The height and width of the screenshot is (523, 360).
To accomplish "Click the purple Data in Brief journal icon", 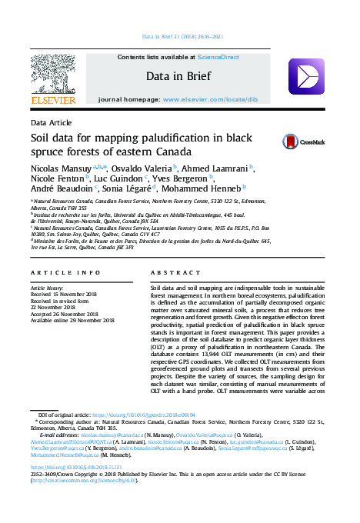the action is coord(305,77).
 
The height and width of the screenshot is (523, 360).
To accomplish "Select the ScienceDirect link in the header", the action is coord(218,58).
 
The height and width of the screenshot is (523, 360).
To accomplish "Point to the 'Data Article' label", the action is coord(48,123).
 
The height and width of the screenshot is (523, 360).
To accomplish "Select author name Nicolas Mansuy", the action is coord(61,168).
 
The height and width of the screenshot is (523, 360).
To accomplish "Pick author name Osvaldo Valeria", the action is coord(142,168).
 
